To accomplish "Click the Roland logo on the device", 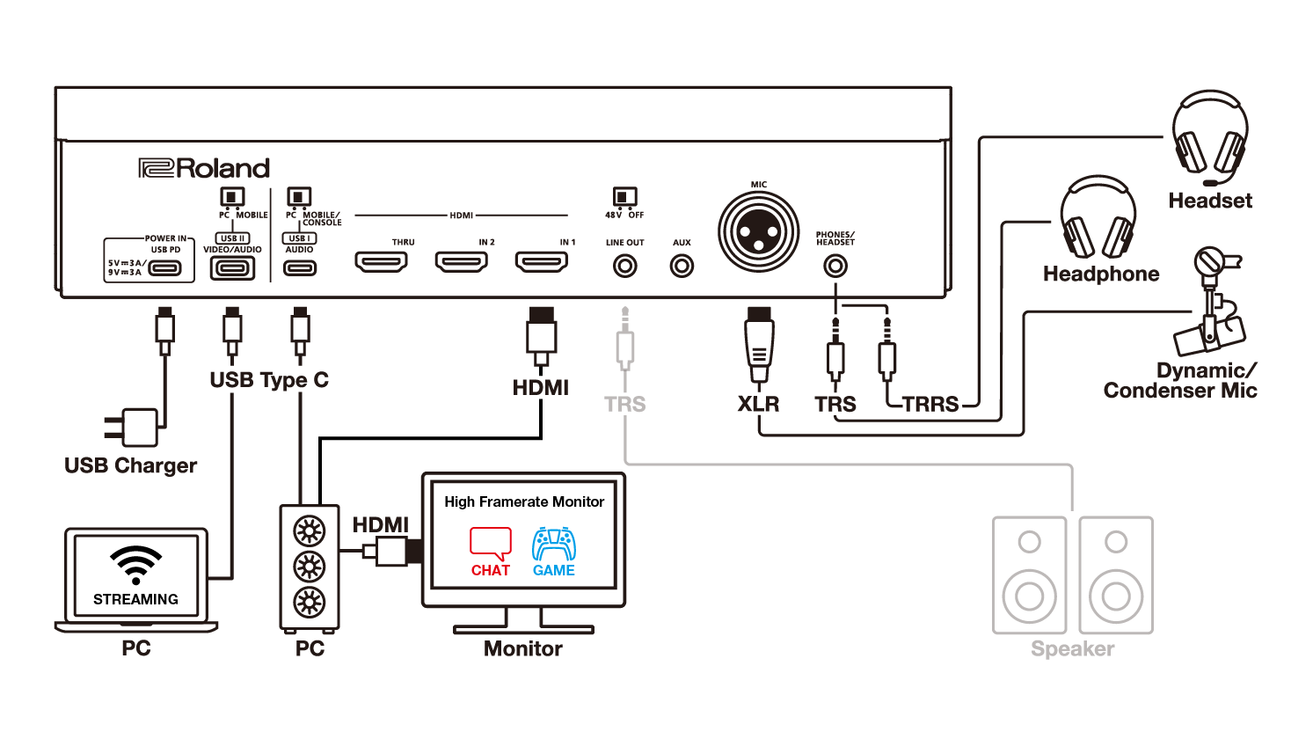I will [x=204, y=168].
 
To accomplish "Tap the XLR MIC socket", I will [x=759, y=232].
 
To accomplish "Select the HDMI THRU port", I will [x=381, y=261].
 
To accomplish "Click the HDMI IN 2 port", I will [x=462, y=261].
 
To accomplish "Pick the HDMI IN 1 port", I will [x=542, y=261].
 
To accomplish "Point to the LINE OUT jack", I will [x=624, y=266].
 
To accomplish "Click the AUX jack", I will [x=682, y=266].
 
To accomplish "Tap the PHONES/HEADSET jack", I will [x=835, y=266].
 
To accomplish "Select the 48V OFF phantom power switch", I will [x=624, y=197].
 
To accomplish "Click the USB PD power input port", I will [x=165, y=268].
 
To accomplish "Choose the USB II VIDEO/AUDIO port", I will [x=232, y=268].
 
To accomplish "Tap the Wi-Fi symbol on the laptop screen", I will [x=135, y=564].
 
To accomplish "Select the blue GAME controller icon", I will [x=554, y=544].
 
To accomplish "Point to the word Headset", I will [x=1210, y=201].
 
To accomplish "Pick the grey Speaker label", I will [x=1072, y=649].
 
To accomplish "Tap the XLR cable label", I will [x=758, y=404].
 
